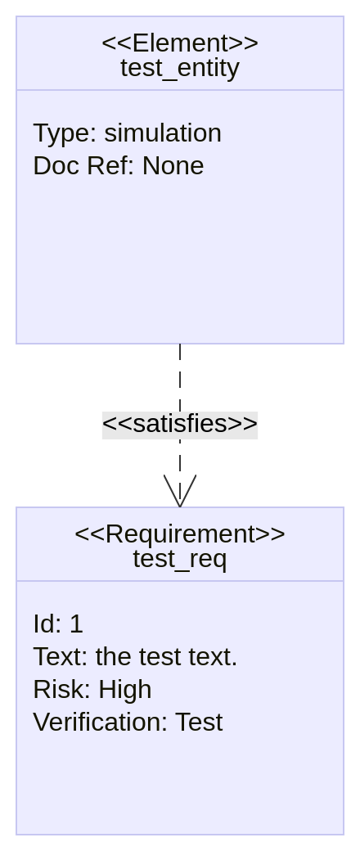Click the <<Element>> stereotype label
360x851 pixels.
[x=180, y=43]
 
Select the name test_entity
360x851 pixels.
[x=180, y=69]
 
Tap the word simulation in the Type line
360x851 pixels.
[x=163, y=133]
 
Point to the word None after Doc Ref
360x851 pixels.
[x=173, y=166]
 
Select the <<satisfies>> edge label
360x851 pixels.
[x=180, y=425]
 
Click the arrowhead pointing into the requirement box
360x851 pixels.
[x=180, y=491]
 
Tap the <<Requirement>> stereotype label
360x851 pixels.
[x=180, y=534]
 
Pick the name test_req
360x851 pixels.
[x=180, y=559]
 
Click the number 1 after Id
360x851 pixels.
[x=76, y=624]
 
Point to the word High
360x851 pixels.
[x=125, y=690]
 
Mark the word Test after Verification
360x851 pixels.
[x=199, y=723]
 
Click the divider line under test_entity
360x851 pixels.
[x=180, y=90]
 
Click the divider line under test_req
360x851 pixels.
[x=180, y=581]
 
